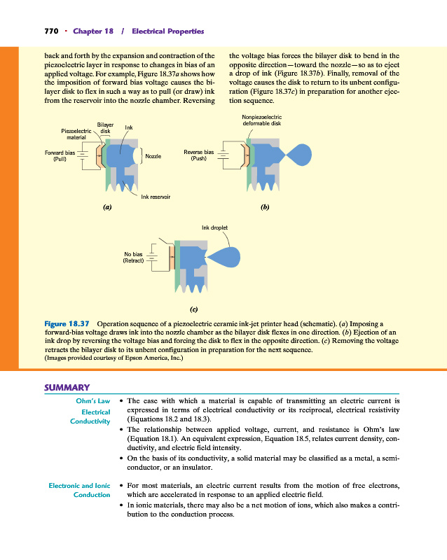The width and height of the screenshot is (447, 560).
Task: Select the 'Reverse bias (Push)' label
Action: click(198, 155)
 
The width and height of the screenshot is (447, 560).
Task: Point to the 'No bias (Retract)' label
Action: click(133, 258)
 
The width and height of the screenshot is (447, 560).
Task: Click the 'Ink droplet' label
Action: click(214, 227)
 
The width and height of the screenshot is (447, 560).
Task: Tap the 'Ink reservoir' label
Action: click(156, 197)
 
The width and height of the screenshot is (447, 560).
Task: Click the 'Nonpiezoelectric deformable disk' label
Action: click(261, 120)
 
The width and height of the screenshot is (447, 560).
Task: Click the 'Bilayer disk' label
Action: click(105, 127)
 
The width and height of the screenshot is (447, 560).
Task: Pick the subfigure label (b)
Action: click(264, 208)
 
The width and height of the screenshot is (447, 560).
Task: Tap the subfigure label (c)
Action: click(195, 308)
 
